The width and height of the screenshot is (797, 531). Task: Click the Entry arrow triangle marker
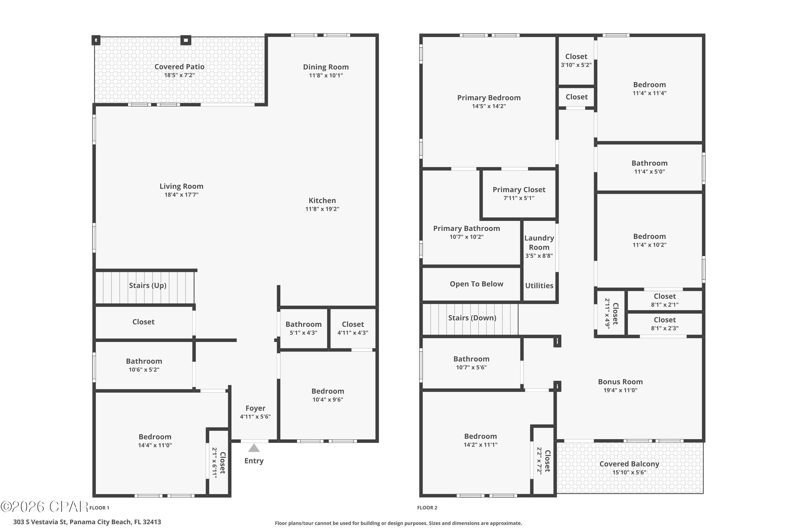pyautogui.click(x=254, y=448)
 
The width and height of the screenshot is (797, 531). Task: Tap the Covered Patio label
pyautogui.click(x=180, y=67)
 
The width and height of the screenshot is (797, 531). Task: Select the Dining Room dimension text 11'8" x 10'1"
pyautogui.click(x=326, y=75)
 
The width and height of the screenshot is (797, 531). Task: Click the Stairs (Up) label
pyautogui.click(x=148, y=285)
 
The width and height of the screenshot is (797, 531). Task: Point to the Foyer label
pyautogui.click(x=256, y=408)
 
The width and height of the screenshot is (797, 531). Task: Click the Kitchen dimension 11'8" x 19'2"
pyautogui.click(x=322, y=209)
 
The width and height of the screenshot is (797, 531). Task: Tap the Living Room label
pyautogui.click(x=182, y=186)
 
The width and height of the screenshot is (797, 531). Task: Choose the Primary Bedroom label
pyautogui.click(x=489, y=98)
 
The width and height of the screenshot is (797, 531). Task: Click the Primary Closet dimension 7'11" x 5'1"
pyautogui.click(x=519, y=198)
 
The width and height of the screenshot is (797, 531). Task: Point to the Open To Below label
pyautogui.click(x=476, y=284)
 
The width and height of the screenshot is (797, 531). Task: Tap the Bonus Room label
pyautogui.click(x=620, y=382)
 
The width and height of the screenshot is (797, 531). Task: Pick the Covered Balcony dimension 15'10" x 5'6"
pyautogui.click(x=629, y=472)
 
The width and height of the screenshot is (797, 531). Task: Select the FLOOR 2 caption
pyautogui.click(x=427, y=508)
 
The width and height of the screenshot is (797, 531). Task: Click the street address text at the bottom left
pyautogui.click(x=87, y=522)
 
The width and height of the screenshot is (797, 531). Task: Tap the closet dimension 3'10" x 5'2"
pyautogui.click(x=576, y=65)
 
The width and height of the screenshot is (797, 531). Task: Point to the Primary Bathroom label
pyautogui.click(x=467, y=229)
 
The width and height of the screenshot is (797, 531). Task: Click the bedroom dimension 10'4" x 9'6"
pyautogui.click(x=328, y=400)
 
